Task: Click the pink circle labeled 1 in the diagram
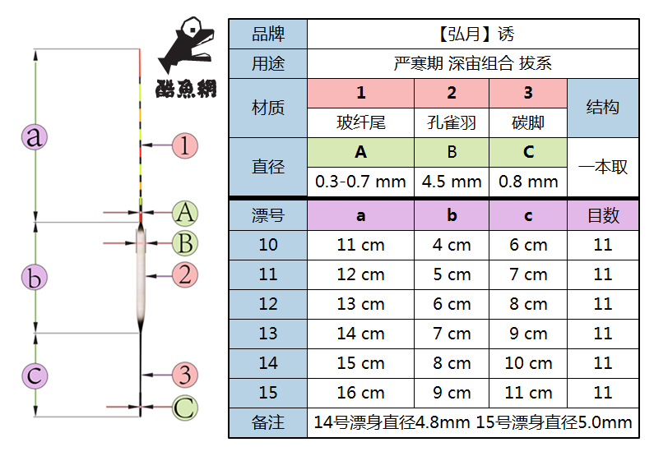185,145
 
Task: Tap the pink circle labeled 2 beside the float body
185,274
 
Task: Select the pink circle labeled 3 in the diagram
185,375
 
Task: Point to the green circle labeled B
185,243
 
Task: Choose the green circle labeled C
185,407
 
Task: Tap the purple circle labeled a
35,136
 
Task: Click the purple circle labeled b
35,278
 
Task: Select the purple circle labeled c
35,376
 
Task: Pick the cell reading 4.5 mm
452,182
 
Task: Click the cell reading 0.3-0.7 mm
360,182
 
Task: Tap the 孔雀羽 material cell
452,123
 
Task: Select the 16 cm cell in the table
360,393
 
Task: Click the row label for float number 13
268,334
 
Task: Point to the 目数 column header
603,215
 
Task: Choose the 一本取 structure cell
603,167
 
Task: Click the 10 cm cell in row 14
528,363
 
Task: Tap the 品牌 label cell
268,35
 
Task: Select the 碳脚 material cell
528,123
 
